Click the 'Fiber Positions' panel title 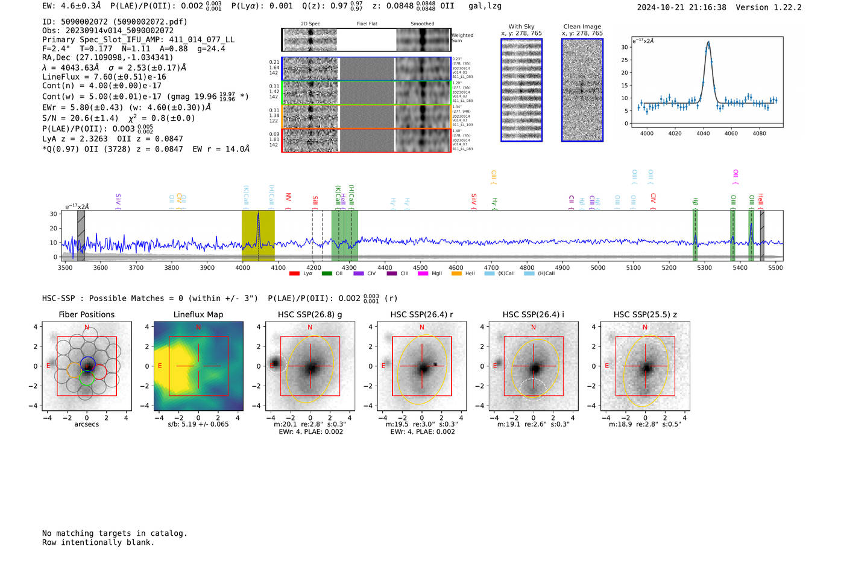(x=86, y=314)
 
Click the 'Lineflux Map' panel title (x=198, y=314)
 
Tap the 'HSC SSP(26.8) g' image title (x=310, y=314)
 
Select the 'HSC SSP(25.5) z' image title (x=645, y=314)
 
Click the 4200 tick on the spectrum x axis (x=313, y=267)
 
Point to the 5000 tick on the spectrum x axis (x=597, y=267)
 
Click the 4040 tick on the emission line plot (x=703, y=133)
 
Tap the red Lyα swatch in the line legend (x=294, y=273)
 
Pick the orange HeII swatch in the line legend (x=456, y=273)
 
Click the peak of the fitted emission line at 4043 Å (x=708, y=42)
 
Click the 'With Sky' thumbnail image (x=521, y=90)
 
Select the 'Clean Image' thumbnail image (x=582, y=90)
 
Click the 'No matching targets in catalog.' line (x=115, y=533)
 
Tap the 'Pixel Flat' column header (x=367, y=24)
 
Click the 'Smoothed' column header (x=422, y=24)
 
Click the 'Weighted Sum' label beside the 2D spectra (x=462, y=38)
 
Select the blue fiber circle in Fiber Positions (x=87, y=364)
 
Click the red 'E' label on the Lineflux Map (x=160, y=366)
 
